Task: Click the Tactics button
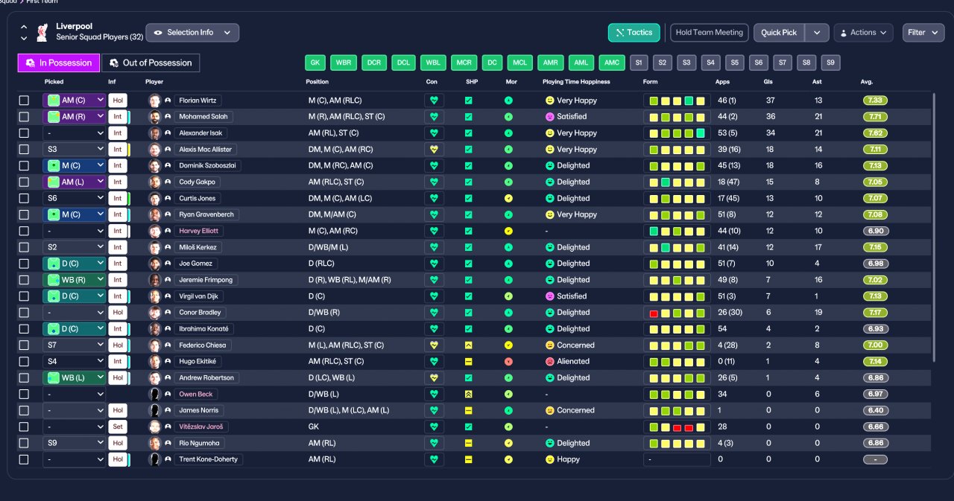click(634, 33)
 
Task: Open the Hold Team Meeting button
click(709, 33)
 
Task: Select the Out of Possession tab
click(151, 63)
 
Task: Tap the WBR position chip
click(344, 63)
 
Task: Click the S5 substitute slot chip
click(735, 63)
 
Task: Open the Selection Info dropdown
click(192, 33)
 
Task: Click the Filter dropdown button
click(923, 33)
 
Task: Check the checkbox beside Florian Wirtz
click(24, 100)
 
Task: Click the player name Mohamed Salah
click(203, 117)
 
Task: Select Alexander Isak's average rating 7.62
click(875, 133)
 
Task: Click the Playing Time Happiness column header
click(576, 82)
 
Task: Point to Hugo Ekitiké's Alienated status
click(573, 362)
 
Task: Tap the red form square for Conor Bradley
click(654, 313)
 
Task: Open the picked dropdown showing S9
click(74, 443)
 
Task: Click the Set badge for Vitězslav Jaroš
click(118, 427)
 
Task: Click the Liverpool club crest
click(42, 32)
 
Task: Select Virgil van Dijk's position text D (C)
click(317, 296)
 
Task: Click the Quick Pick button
click(779, 33)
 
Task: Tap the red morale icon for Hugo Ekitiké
click(508, 362)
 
